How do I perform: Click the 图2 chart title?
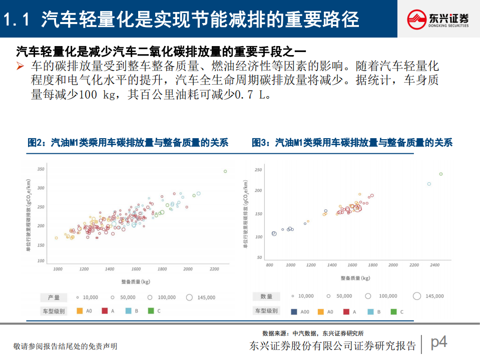tap(128, 143)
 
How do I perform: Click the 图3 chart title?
tap(352, 143)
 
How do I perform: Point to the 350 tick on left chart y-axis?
tap(41, 169)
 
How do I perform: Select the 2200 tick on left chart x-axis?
tap(214, 269)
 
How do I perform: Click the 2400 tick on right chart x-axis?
tap(435, 264)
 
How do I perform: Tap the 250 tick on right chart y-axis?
tap(258, 170)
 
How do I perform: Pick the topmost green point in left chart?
tap(225, 171)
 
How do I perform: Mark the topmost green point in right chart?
tap(441, 174)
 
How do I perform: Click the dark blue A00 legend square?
tap(291, 312)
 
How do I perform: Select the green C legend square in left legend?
tap(151, 311)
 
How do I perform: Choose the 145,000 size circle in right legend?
tap(417, 296)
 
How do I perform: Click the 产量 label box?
tap(54, 297)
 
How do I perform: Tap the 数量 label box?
tap(266, 296)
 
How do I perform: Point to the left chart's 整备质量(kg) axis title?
tap(136, 282)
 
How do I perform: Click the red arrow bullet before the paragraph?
tap(21, 66)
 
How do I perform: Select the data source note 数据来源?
tap(313, 333)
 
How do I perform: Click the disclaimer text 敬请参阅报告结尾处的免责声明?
tap(65, 346)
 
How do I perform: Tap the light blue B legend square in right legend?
tap(370, 312)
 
